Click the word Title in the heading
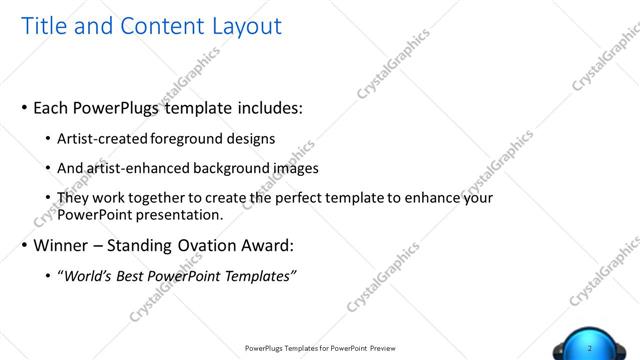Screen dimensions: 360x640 click(45, 26)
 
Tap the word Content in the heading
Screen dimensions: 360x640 click(154, 26)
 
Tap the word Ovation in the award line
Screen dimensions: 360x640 click(201, 246)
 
